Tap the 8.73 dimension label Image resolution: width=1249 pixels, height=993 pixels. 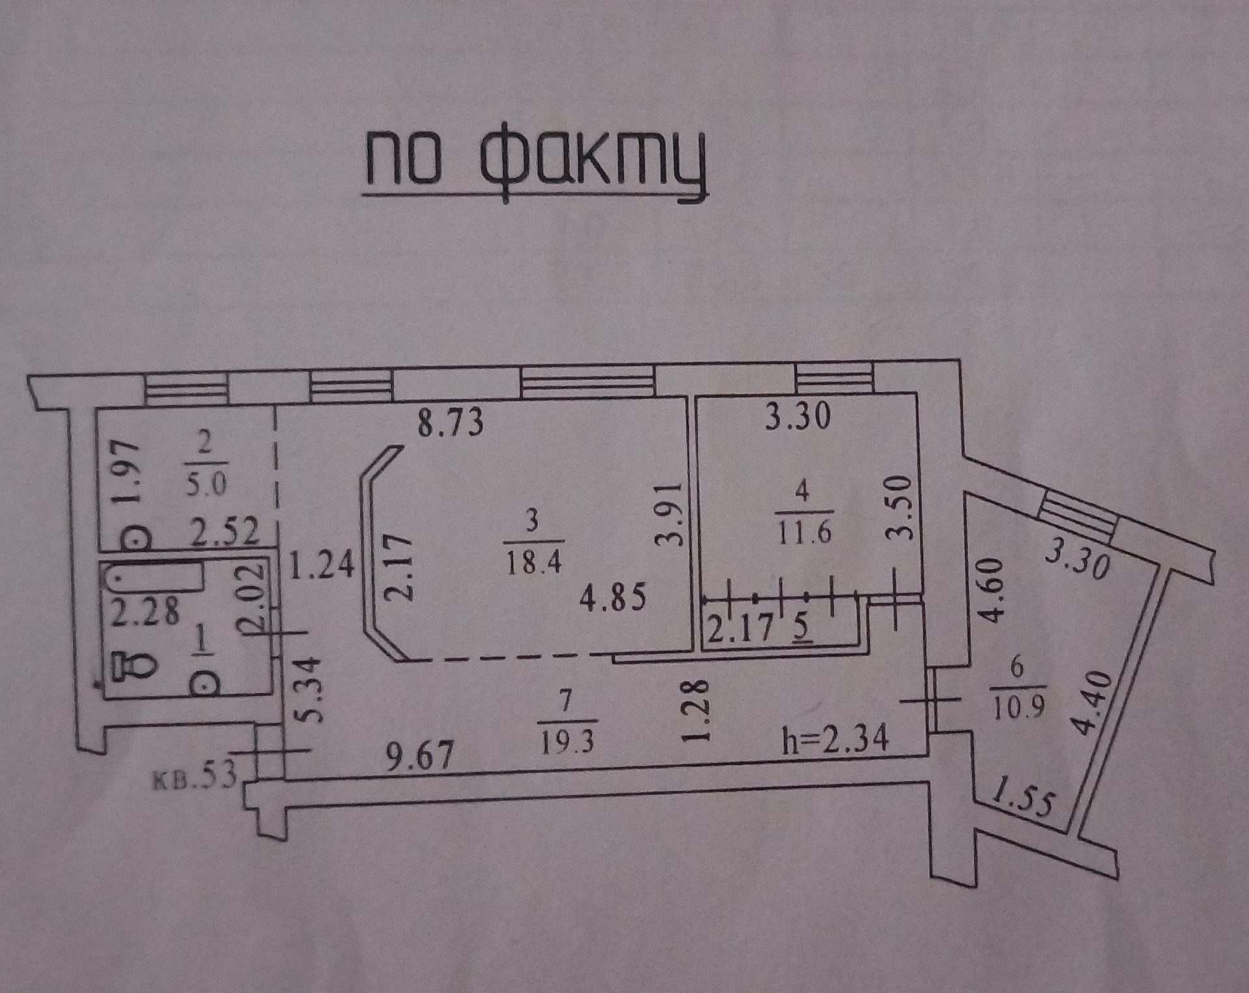coord(450,422)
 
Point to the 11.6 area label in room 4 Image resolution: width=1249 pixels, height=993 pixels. coord(804,532)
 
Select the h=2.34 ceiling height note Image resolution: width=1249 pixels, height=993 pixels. coord(835,740)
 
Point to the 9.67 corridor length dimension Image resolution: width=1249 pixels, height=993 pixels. coord(420,757)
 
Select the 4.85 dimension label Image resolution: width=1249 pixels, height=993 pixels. coord(613,597)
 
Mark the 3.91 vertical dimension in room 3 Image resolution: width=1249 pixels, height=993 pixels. coord(670,515)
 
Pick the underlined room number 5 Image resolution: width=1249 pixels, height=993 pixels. coord(801,628)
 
